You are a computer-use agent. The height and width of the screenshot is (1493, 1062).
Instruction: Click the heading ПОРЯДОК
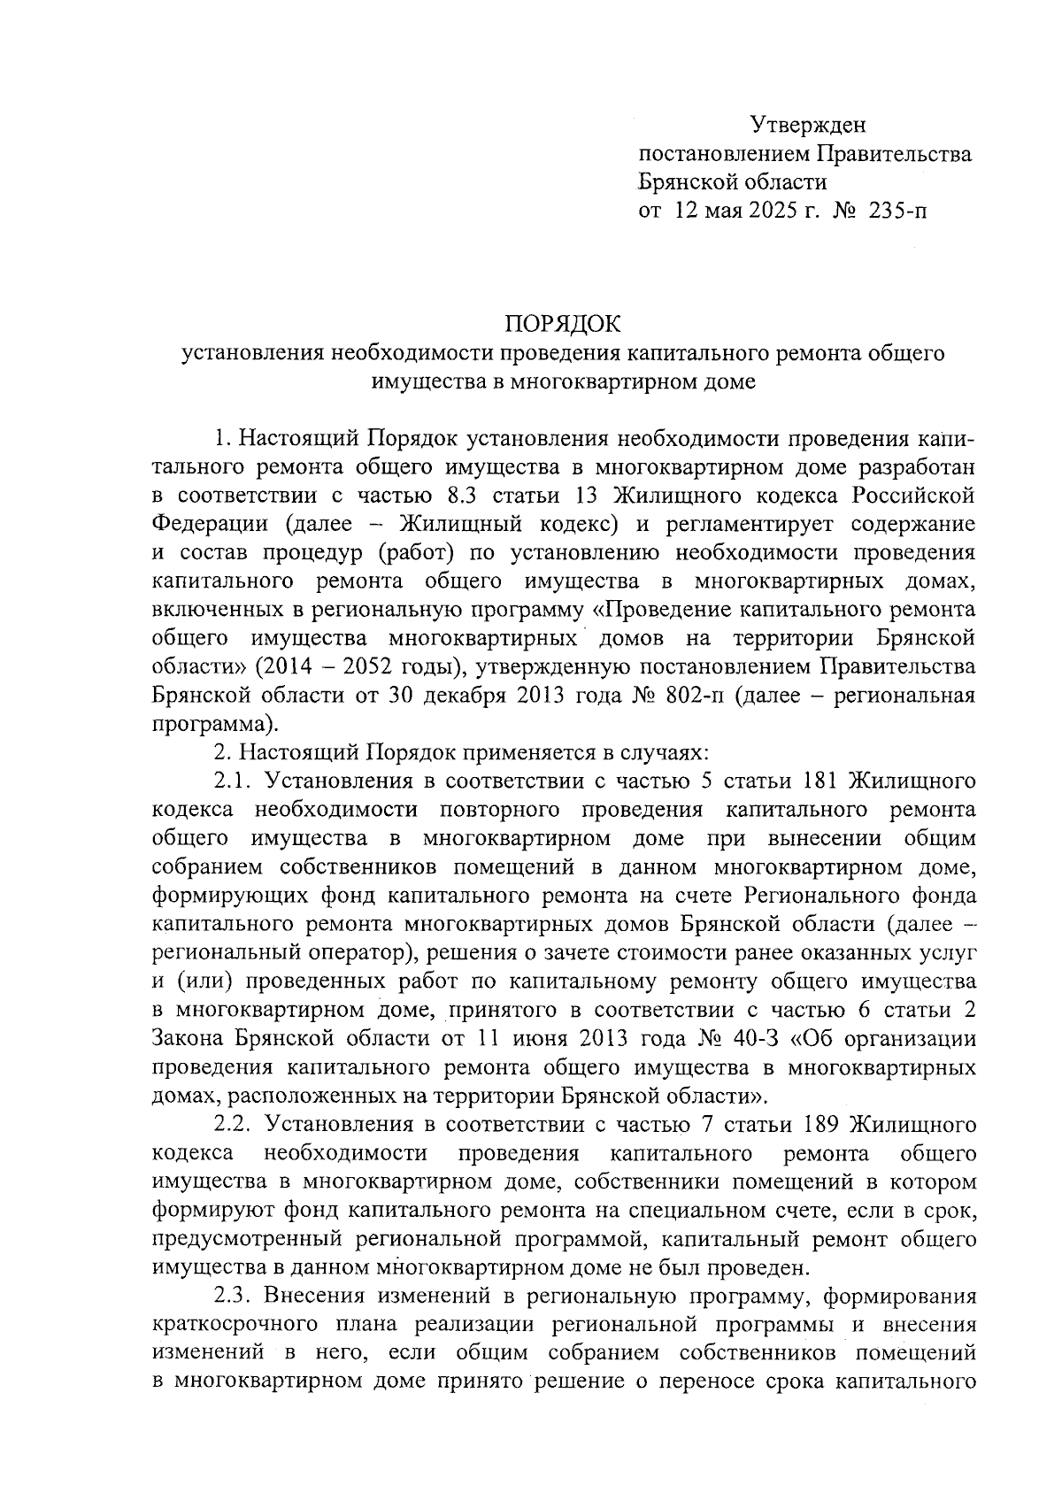pyautogui.click(x=563, y=324)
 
